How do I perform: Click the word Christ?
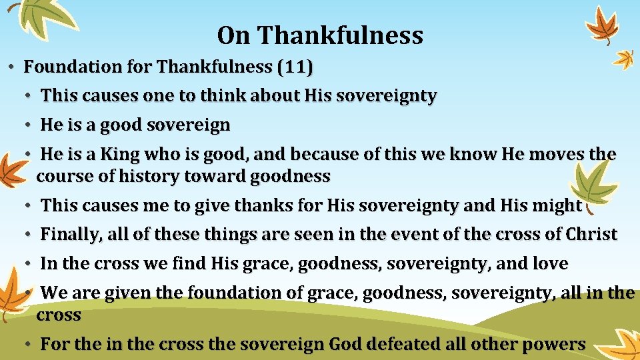pyautogui.click(x=591, y=235)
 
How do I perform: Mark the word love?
pyautogui.click(x=550, y=264)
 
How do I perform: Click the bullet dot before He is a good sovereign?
pyautogui.click(x=29, y=125)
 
